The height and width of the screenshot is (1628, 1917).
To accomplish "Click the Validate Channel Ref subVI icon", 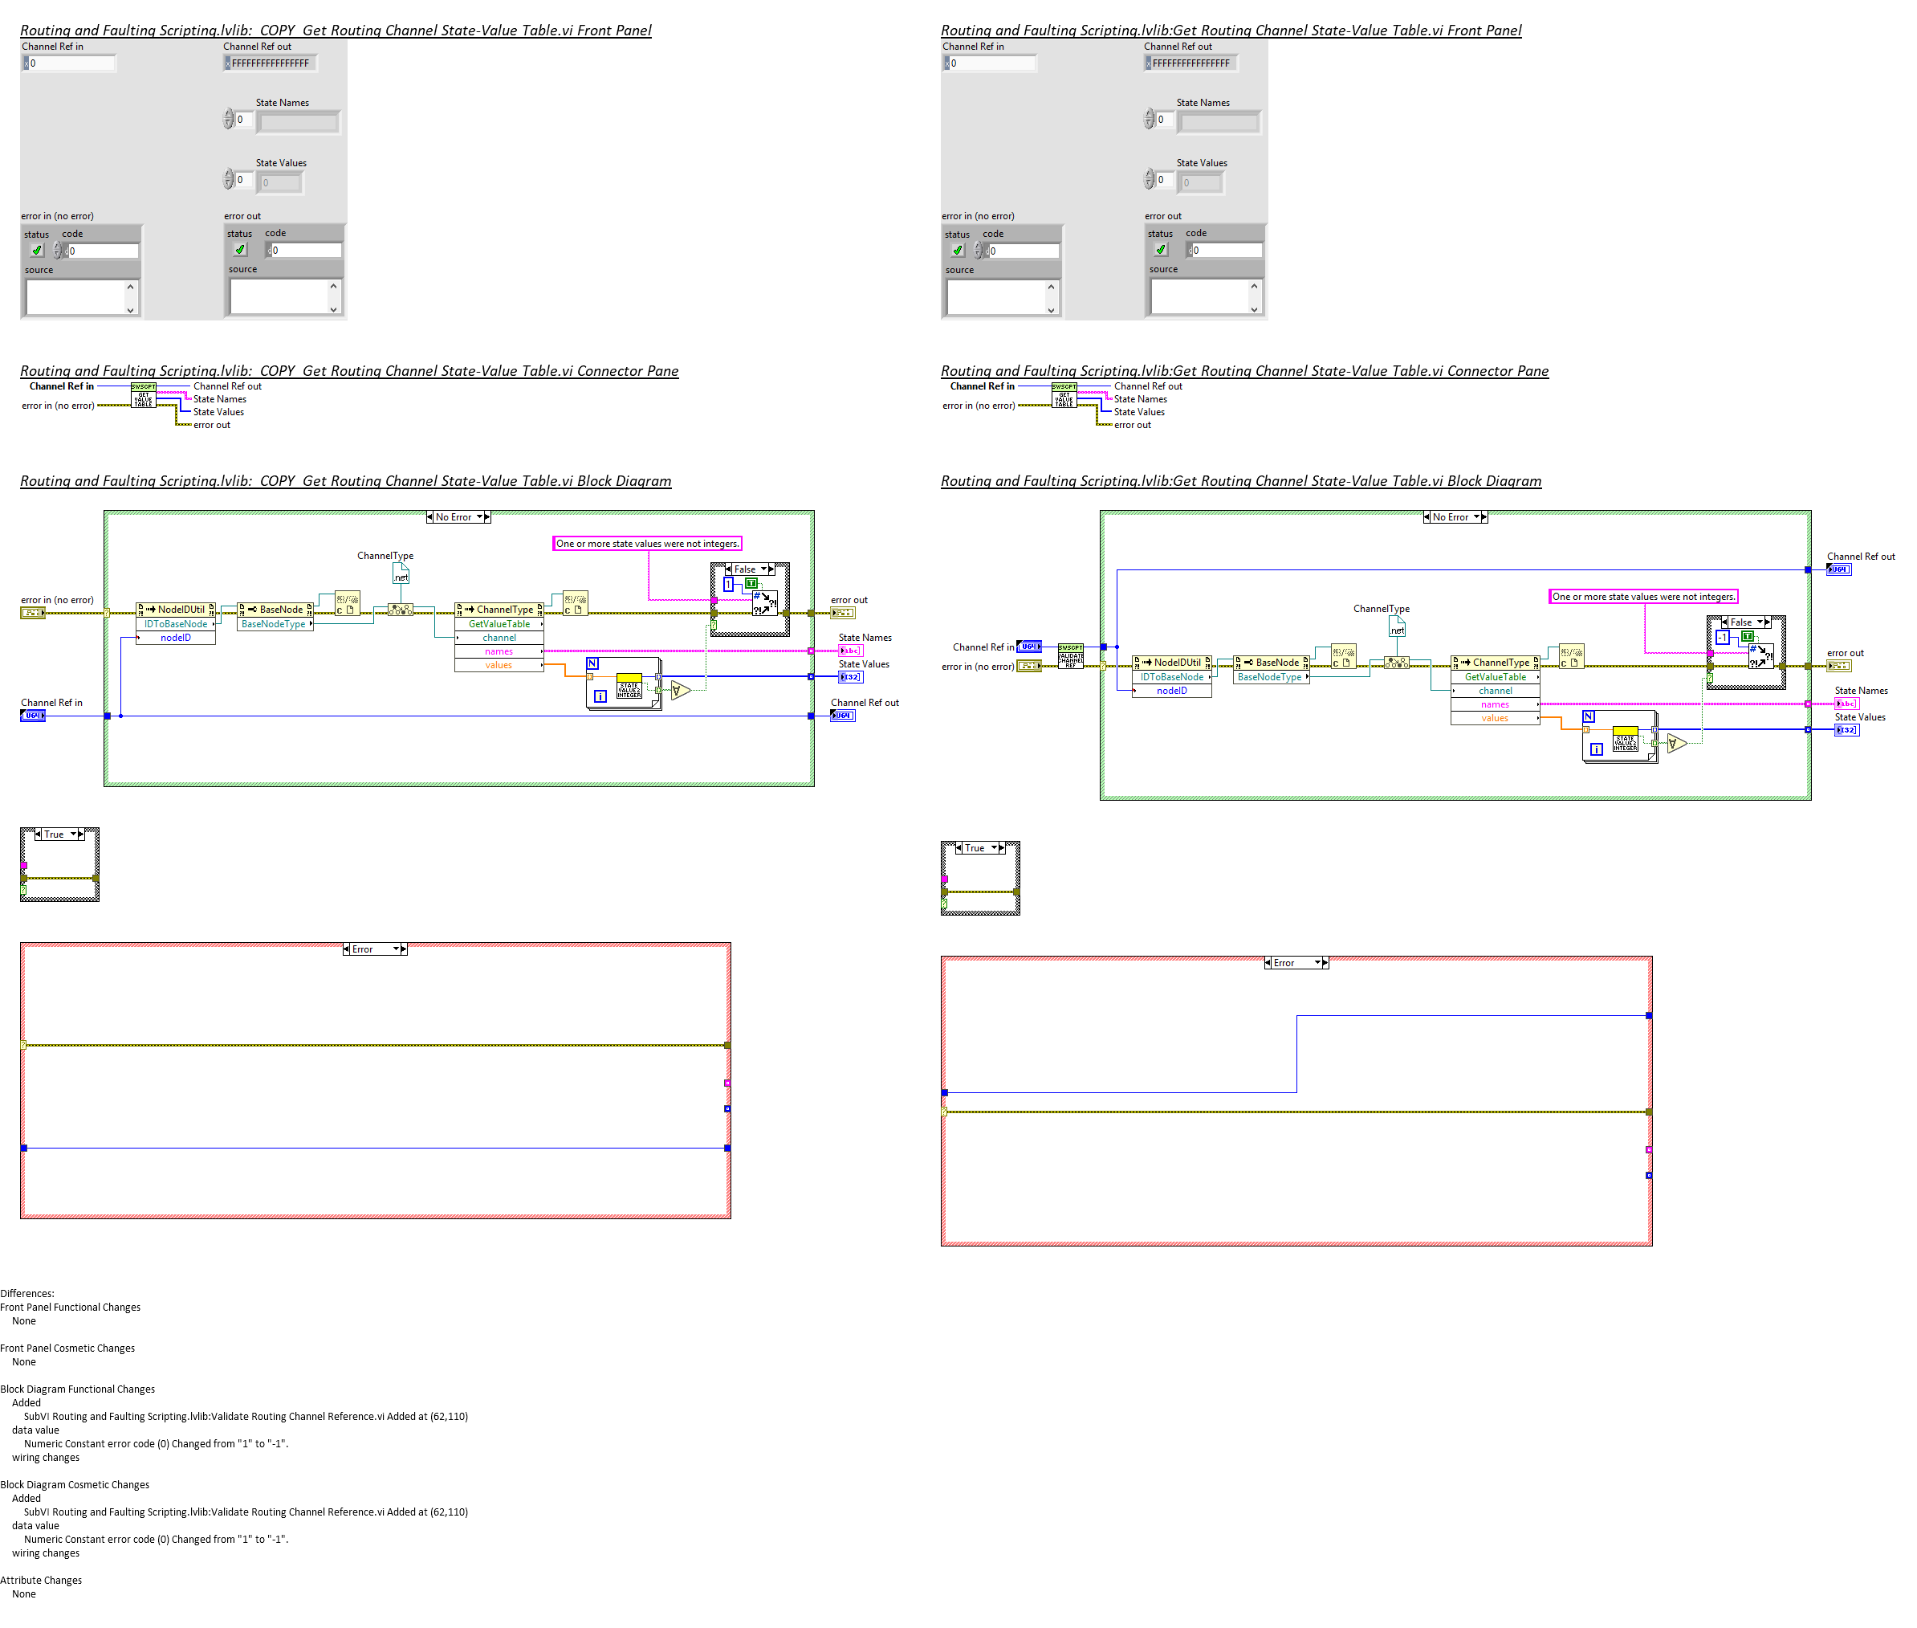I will tap(1069, 655).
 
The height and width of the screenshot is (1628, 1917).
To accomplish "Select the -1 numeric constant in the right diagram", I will tap(1720, 638).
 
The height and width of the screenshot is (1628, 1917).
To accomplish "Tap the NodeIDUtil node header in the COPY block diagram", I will tap(176, 609).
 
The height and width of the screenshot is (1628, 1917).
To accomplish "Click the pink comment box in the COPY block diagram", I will tap(647, 544).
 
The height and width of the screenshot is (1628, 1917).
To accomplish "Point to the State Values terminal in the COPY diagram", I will tap(849, 677).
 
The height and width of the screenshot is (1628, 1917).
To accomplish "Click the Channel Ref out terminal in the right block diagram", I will tap(1838, 569).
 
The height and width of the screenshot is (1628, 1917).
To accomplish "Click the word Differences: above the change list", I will tap(27, 1293).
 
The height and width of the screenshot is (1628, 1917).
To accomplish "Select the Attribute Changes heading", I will tap(42, 1580).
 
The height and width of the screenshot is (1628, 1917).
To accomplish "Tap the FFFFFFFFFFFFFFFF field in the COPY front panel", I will tap(271, 63).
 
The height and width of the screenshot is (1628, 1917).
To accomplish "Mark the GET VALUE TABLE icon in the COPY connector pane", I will tap(143, 396).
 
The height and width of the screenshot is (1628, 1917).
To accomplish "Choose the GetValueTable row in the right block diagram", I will tap(1495, 676).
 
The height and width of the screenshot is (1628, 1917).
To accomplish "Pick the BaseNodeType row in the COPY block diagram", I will tap(274, 624).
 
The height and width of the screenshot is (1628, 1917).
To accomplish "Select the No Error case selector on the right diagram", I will tap(1455, 516).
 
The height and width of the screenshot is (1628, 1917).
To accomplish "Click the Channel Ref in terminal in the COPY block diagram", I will tap(32, 716).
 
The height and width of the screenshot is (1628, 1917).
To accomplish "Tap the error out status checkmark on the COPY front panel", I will tap(240, 250).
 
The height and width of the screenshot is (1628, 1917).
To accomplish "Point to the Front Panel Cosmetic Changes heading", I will tap(67, 1348).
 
